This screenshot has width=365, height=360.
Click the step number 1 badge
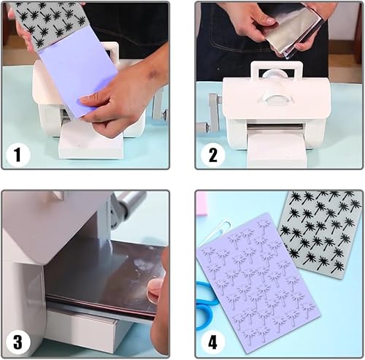[18, 155]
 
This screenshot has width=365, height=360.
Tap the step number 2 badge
[212, 155]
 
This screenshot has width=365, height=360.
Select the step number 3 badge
[18, 342]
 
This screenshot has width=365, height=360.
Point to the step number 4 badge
[212, 342]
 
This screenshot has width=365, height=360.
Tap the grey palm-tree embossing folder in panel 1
[49, 23]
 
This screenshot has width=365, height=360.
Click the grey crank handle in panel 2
[211, 115]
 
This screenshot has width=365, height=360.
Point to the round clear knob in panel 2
[277, 97]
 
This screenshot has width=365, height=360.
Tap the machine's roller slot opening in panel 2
[275, 126]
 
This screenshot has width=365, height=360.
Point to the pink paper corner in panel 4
[201, 204]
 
